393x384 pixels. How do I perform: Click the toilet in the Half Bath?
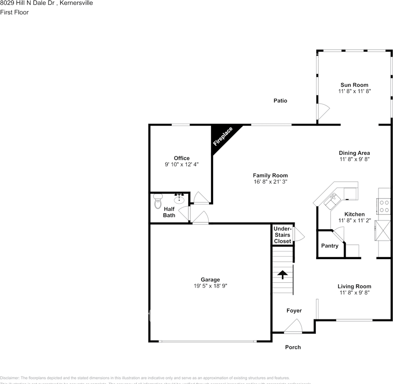point(158,202)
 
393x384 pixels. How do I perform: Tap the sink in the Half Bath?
point(179,198)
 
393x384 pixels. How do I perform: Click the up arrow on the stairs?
point(283,275)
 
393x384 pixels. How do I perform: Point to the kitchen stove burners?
point(384,206)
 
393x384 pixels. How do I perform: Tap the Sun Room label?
point(354,85)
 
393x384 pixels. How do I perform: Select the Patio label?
point(280,101)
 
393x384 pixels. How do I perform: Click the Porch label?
point(293,347)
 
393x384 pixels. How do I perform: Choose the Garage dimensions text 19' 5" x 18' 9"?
point(210,286)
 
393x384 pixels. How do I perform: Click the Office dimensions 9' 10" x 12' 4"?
point(182,164)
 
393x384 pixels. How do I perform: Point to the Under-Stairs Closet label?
point(282,235)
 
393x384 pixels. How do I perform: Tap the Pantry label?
point(330,246)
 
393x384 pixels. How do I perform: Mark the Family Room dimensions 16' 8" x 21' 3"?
point(270,182)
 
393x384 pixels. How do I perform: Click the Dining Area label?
point(354,153)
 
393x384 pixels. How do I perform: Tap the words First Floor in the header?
point(14,12)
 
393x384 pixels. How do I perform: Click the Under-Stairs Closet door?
point(298,234)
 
